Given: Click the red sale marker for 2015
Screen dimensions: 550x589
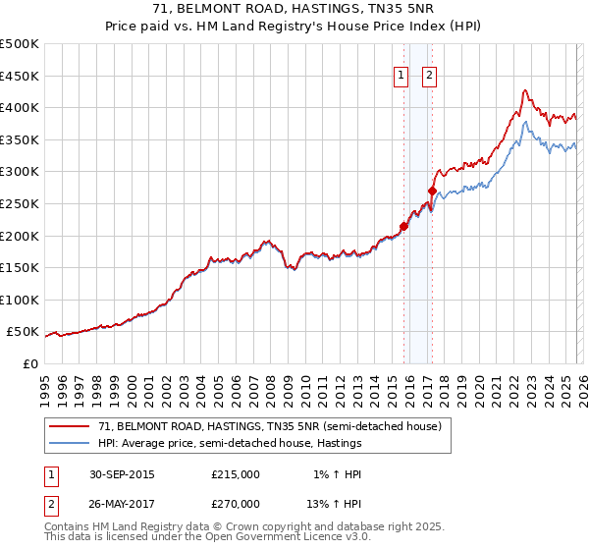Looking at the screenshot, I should (x=403, y=226).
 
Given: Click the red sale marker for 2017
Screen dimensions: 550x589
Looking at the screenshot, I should (x=432, y=191).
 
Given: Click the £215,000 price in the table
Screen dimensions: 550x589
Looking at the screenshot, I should (x=236, y=474).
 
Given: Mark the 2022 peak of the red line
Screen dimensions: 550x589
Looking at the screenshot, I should (x=525, y=90).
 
